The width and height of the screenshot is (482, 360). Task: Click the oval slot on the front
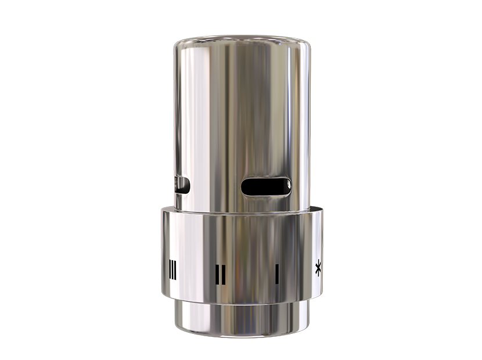(267, 186)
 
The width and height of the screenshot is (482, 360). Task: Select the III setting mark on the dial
(172, 270)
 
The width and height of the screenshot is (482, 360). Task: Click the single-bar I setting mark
(277, 273)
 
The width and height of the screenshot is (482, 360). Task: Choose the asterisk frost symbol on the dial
(318, 269)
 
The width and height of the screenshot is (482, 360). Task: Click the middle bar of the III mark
(172, 270)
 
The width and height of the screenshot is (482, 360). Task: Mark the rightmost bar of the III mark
(175, 270)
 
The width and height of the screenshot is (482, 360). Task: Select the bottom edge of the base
(241, 336)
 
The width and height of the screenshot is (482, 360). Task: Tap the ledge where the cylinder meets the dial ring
(241, 211)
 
